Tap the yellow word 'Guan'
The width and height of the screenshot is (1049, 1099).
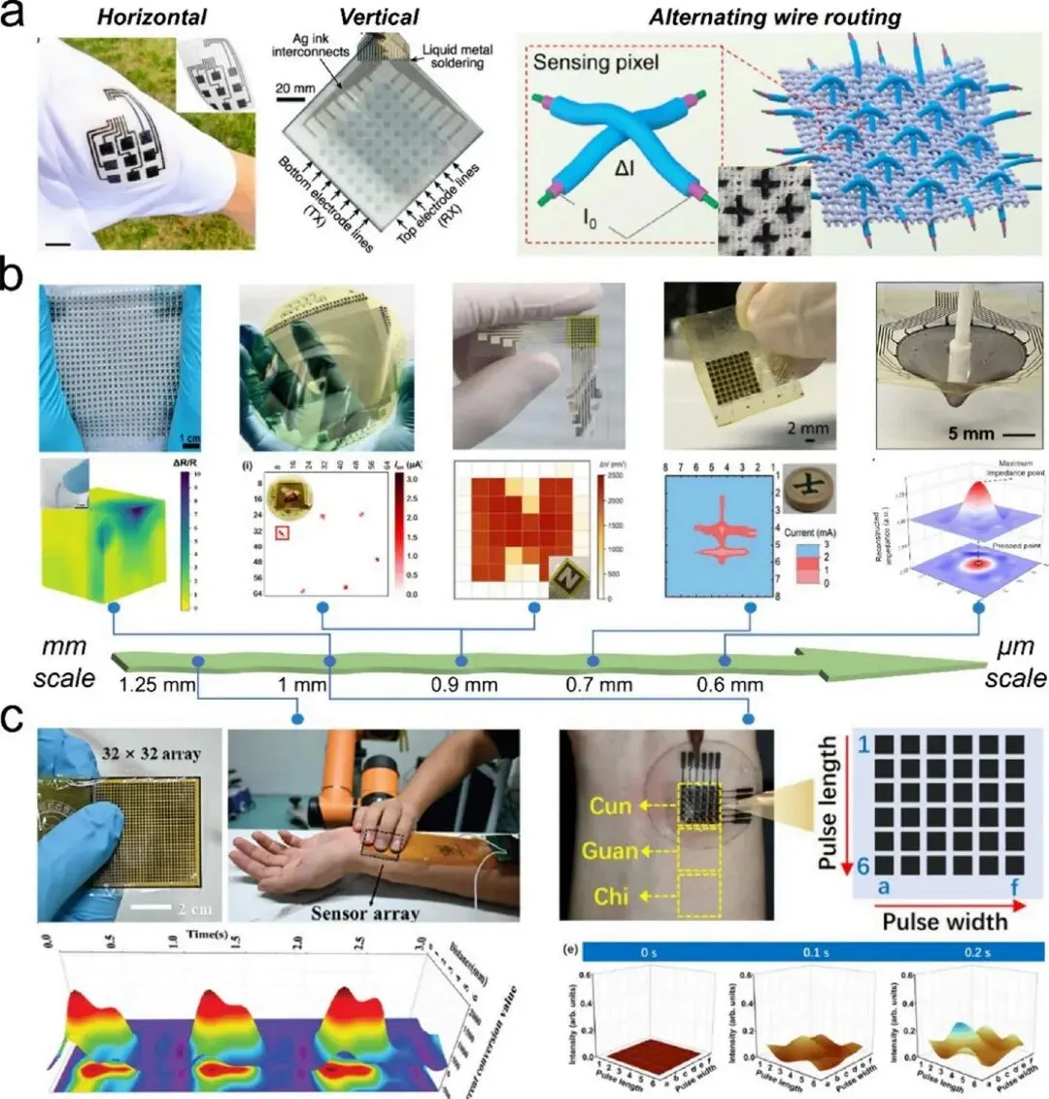(x=611, y=851)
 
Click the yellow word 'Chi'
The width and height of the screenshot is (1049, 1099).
(x=611, y=895)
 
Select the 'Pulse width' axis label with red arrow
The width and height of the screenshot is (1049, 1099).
(x=944, y=920)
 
